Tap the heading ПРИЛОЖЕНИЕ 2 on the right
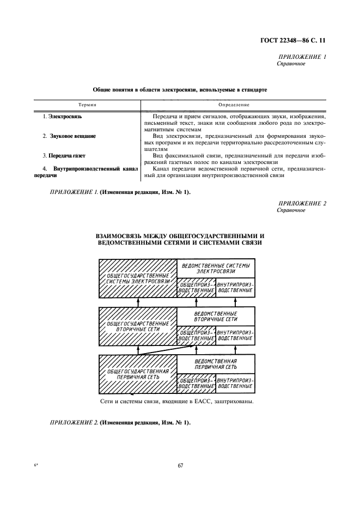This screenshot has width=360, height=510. click(302, 203)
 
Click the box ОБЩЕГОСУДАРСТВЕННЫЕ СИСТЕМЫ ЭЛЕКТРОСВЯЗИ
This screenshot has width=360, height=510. click(137, 278)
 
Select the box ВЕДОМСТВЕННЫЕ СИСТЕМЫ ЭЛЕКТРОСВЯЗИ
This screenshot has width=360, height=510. click(216, 268)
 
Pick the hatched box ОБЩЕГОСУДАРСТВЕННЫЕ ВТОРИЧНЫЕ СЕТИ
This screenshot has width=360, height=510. click(137, 326)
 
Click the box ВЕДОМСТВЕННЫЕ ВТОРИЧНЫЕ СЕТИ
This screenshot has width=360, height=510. click(216, 316)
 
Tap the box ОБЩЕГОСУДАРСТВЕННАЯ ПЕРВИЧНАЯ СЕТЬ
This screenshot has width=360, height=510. click(137, 374)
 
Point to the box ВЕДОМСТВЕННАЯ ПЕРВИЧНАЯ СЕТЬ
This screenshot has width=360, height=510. click(216, 364)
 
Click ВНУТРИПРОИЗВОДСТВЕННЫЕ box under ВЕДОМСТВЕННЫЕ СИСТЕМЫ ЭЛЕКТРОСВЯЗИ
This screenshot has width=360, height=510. click(235, 288)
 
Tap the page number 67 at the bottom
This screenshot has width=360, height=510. click(180, 465)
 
